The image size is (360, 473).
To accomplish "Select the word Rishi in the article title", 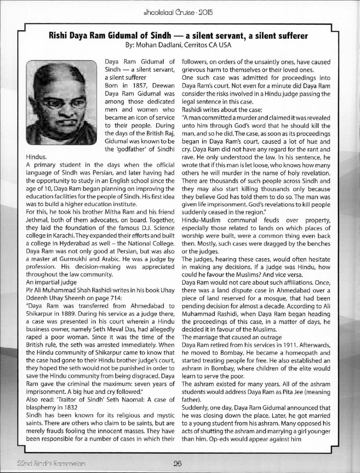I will point(58,36).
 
